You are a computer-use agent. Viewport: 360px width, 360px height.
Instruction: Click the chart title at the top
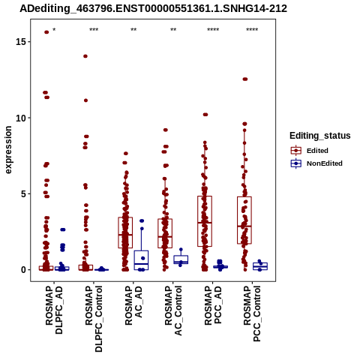(153, 8)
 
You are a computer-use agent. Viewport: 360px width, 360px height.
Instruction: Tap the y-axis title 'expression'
(8, 150)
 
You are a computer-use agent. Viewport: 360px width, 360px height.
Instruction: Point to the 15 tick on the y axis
(21, 42)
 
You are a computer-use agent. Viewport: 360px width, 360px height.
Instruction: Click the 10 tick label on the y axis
(21, 118)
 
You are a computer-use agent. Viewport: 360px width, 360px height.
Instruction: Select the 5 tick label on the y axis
(23, 193)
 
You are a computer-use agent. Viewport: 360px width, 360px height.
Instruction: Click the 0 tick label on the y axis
(23, 270)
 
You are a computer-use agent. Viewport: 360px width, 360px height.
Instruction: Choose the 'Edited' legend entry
(317, 151)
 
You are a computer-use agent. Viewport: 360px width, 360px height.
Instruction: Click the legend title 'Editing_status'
(320, 136)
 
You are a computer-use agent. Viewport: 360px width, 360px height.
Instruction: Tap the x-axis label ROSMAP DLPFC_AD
(54, 310)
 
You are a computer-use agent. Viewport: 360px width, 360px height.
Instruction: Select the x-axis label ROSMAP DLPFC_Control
(94, 319)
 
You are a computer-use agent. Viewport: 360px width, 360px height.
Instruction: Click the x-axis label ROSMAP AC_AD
(133, 305)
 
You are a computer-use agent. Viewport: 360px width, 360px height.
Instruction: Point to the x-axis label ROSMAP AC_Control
(173, 310)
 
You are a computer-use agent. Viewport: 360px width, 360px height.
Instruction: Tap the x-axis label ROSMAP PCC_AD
(213, 305)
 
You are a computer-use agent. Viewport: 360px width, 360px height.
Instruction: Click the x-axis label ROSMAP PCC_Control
(252, 313)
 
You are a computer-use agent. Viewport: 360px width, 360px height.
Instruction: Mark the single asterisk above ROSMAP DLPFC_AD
(54, 30)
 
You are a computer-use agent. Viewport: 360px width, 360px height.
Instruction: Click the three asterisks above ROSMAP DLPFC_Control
(94, 30)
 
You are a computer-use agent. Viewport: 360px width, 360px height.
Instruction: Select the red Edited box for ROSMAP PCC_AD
(197, 221)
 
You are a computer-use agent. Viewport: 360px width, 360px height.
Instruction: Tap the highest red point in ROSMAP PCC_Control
(245, 79)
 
